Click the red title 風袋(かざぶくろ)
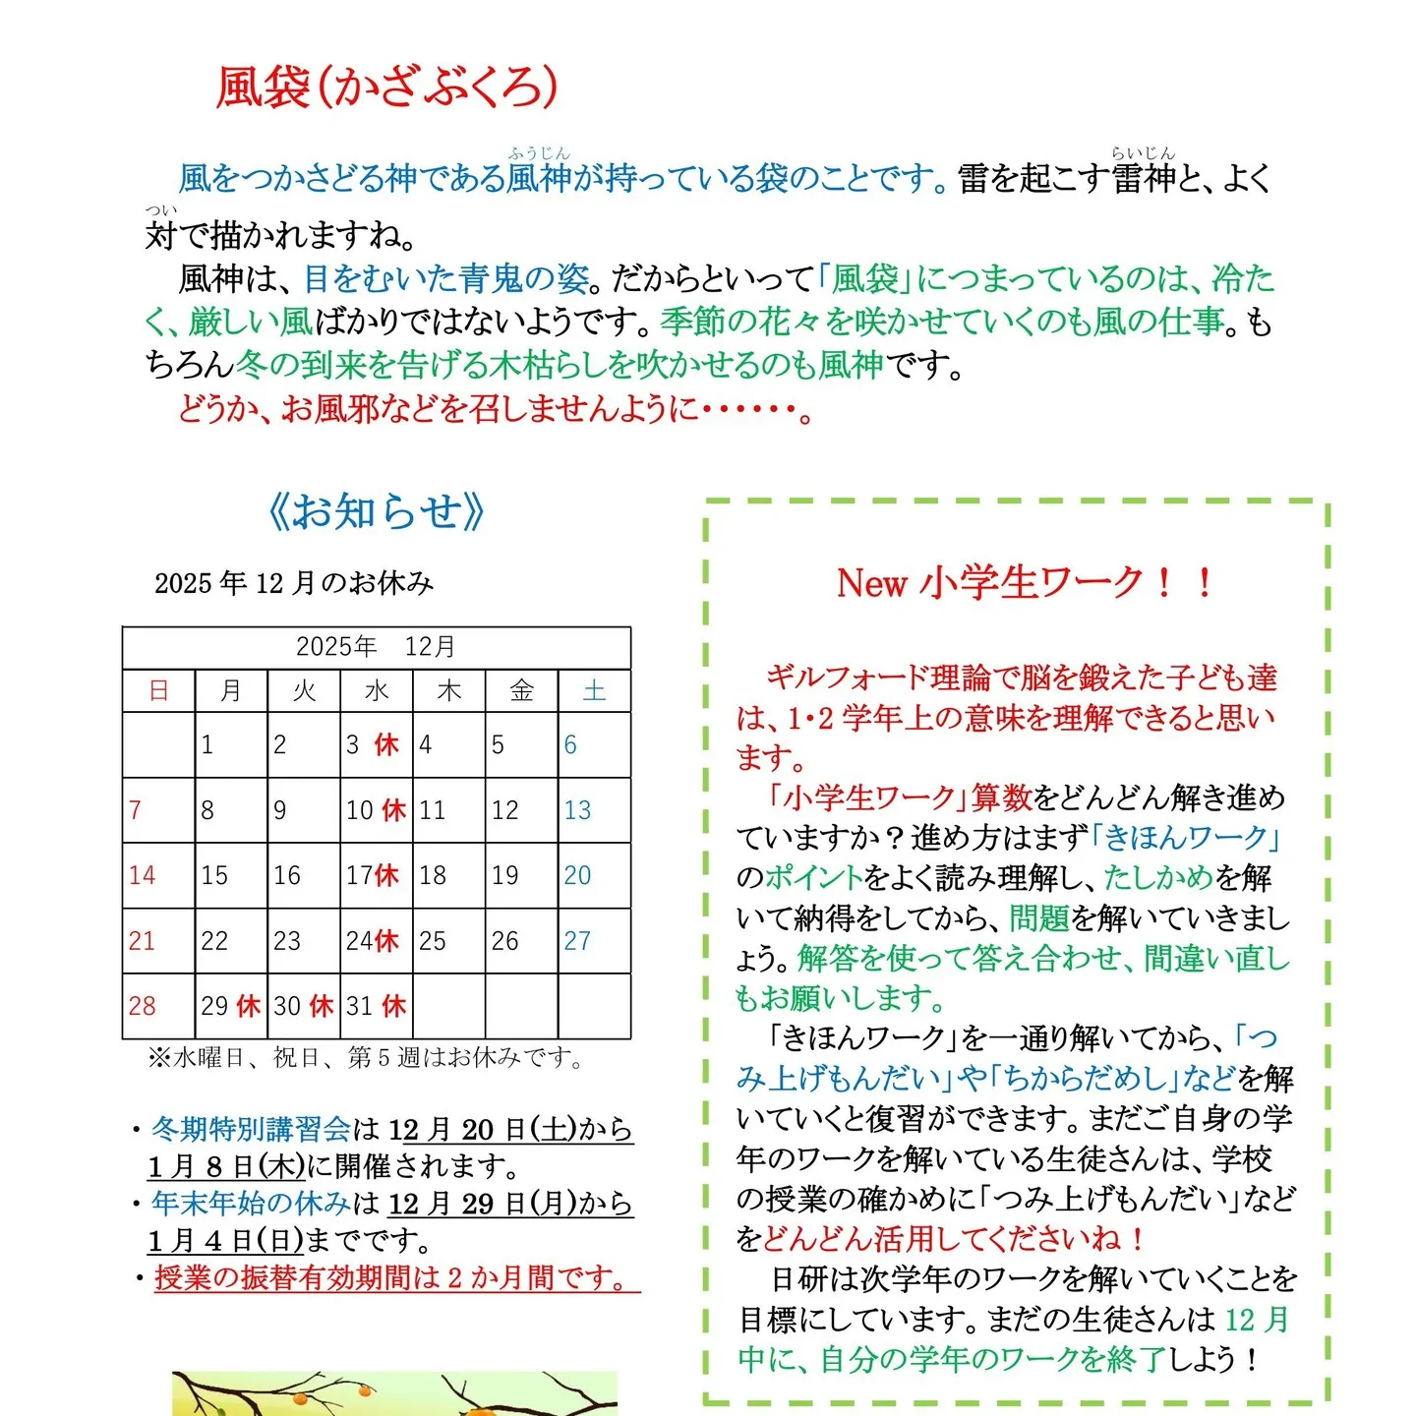(386, 88)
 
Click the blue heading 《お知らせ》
(377, 511)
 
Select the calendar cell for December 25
(448, 941)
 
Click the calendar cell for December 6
(594, 744)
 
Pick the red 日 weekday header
(158, 690)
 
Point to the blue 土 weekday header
(594, 690)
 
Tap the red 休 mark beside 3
(386, 744)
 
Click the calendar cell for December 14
(158, 875)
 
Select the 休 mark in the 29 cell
(248, 1006)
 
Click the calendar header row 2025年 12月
(376, 647)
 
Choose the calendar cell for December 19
(521, 875)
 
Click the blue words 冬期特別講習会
(251, 1129)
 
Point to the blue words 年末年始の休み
(251, 1203)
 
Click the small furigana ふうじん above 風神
(539, 153)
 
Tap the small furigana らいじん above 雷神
(1143, 153)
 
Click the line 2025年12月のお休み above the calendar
(293, 583)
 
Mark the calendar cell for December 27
(594, 941)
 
